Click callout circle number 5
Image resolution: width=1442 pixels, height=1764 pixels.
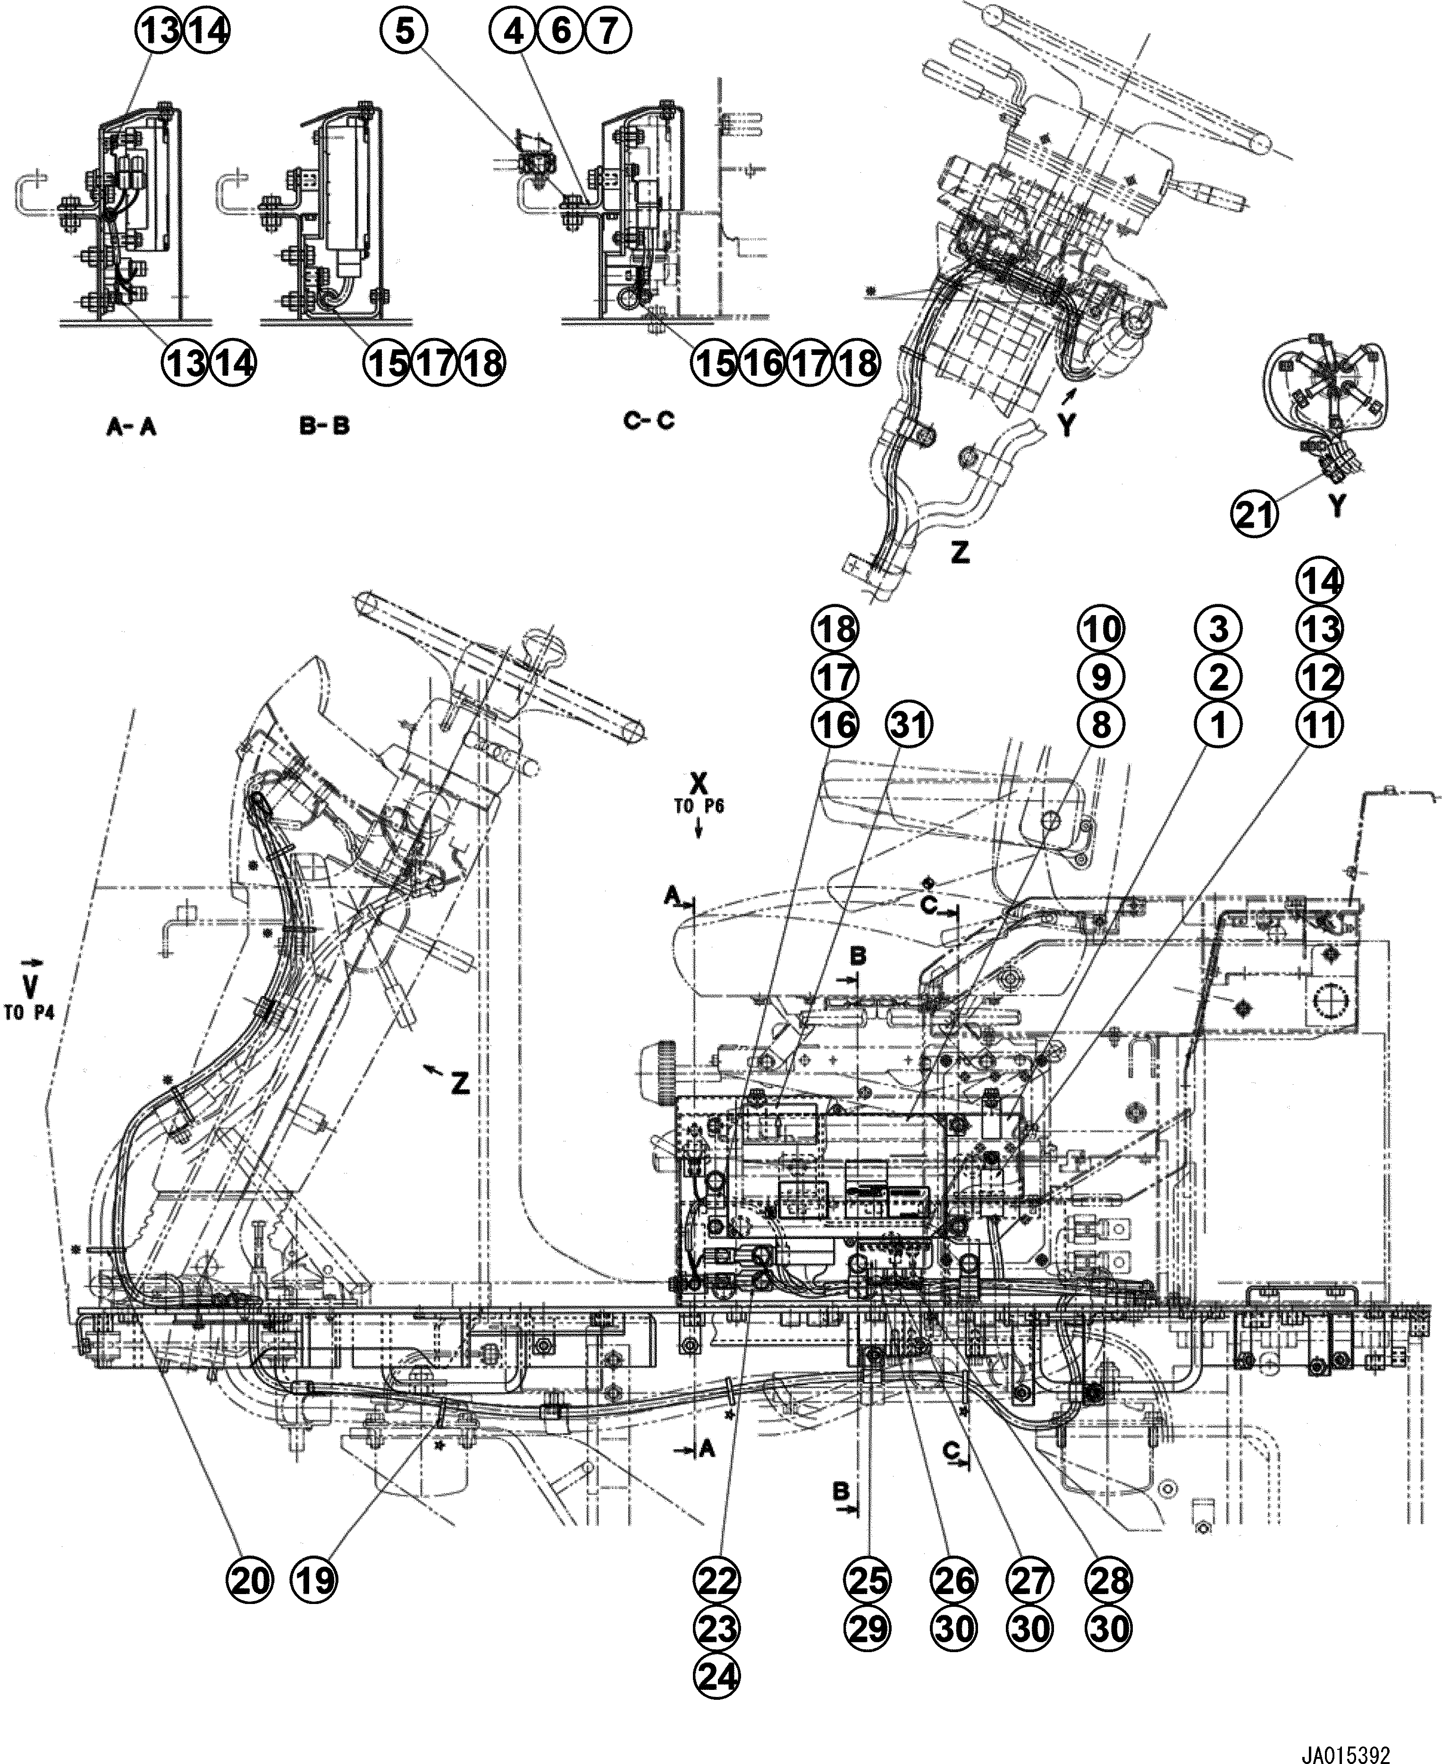click(404, 32)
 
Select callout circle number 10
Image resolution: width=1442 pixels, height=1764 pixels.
click(1101, 629)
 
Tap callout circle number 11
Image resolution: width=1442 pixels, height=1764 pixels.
click(1320, 725)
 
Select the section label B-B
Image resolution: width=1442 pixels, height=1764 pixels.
click(324, 427)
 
